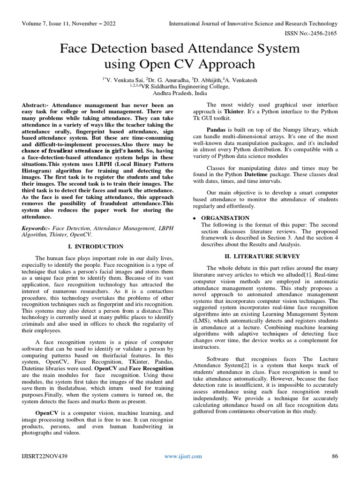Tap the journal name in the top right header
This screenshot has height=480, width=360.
[x=253, y=23]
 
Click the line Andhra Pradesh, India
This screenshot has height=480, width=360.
[x=180, y=93]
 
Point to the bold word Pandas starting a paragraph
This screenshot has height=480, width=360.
[x=217, y=129]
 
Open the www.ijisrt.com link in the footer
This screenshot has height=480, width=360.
[x=183, y=456]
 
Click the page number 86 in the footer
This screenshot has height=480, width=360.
[x=335, y=456]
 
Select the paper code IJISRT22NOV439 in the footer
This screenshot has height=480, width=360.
[x=45, y=456]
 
